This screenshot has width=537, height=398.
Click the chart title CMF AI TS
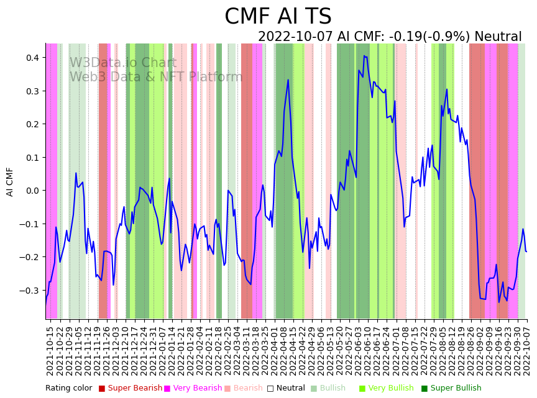pos(278,17)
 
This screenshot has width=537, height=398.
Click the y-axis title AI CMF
pos(10,181)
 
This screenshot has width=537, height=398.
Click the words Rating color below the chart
pos(68,389)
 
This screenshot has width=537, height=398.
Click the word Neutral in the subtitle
pos(498,37)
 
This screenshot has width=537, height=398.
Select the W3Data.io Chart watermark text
pos(123,63)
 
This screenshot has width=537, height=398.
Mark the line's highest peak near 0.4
pos(364,56)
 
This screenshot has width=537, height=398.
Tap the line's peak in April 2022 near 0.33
pos(288,79)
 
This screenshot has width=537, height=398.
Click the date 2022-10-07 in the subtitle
pos(296,37)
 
